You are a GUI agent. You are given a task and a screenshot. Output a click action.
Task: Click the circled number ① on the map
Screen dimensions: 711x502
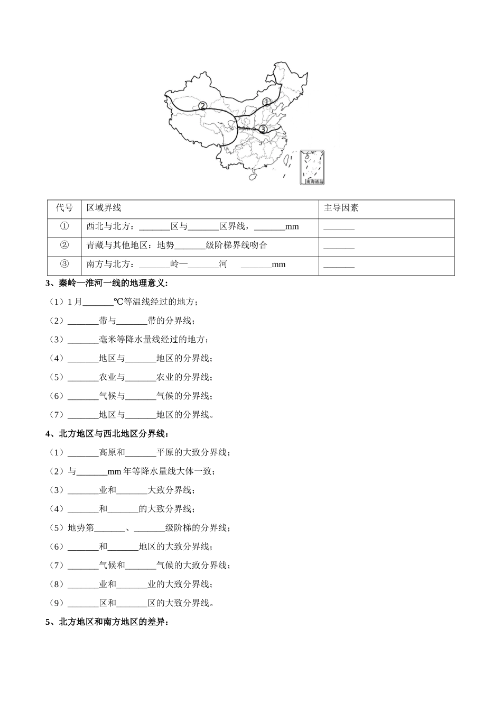point(266,101)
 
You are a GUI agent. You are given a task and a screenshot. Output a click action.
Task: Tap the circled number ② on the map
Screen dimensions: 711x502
point(202,106)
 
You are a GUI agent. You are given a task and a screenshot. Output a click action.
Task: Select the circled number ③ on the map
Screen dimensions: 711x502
point(263,129)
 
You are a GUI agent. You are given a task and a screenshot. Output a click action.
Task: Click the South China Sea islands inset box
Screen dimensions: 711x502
point(312,168)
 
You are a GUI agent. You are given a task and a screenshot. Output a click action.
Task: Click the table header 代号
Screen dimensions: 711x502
point(64,208)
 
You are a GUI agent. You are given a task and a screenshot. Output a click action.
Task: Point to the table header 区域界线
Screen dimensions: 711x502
point(104,208)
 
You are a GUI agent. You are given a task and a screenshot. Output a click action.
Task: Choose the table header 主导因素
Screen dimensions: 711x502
point(341,208)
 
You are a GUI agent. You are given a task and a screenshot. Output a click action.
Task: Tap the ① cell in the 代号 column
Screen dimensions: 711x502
point(64,226)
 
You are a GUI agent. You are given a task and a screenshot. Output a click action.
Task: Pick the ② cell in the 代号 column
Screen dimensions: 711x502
point(64,245)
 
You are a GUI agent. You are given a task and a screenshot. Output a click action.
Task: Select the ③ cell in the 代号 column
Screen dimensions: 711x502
point(64,264)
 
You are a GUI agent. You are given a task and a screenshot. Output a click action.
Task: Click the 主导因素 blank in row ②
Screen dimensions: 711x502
point(339,247)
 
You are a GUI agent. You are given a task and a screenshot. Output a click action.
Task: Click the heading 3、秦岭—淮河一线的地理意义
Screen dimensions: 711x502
point(107,283)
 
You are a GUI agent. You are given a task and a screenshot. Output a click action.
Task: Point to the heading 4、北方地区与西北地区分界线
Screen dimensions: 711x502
point(107,434)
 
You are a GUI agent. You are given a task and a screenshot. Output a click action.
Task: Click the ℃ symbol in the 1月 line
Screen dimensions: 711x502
point(118,302)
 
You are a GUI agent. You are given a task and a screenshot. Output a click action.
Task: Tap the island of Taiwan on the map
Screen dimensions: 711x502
point(290,157)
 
